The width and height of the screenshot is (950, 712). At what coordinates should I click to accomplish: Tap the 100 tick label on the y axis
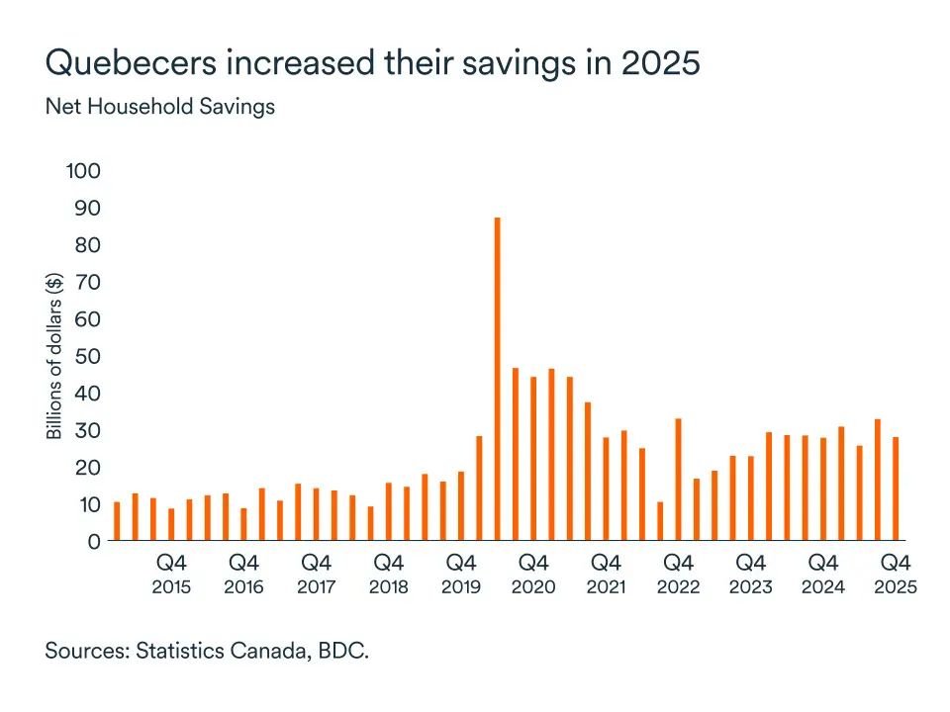tap(83, 171)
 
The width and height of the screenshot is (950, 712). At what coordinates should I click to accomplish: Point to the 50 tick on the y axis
tap(88, 356)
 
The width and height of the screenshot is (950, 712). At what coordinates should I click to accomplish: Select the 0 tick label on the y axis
tap(94, 541)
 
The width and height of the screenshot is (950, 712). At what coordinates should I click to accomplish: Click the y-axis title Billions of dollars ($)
tap(54, 356)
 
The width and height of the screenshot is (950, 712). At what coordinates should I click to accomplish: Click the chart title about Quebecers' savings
tap(372, 62)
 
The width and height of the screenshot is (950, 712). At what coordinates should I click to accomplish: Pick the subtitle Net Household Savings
tap(159, 107)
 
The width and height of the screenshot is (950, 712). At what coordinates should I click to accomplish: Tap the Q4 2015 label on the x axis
tap(171, 575)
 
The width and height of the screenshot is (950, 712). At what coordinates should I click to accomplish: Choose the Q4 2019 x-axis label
tap(461, 575)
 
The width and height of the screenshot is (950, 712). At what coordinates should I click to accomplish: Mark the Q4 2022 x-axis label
tap(678, 575)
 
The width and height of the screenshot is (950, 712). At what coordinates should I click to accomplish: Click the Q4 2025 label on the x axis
tap(896, 575)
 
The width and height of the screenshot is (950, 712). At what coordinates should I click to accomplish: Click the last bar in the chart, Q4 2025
tap(896, 489)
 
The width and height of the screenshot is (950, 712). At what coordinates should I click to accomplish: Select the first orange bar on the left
tap(117, 521)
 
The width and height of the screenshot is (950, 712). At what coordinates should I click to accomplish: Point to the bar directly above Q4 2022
tap(678, 480)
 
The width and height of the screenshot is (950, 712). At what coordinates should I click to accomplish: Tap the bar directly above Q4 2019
tap(461, 506)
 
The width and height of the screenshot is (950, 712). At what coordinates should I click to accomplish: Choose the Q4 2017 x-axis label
tap(316, 575)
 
